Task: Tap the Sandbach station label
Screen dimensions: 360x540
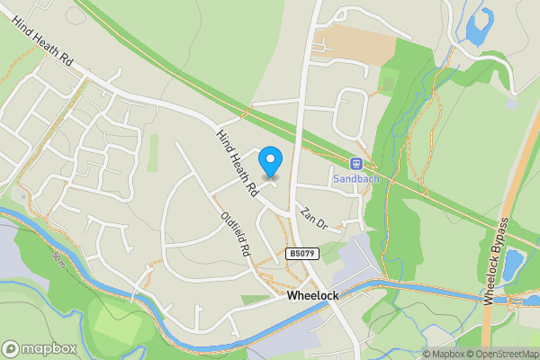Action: (355, 178)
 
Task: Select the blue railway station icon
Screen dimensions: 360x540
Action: (355, 164)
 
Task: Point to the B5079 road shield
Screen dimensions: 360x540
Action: (303, 256)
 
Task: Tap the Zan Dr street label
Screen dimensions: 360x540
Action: (313, 219)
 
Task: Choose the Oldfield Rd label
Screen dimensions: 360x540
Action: (234, 236)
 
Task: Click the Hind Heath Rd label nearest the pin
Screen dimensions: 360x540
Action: (237, 163)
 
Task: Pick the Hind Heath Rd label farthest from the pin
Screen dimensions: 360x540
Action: (42, 42)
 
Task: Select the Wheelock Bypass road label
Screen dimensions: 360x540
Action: (497, 260)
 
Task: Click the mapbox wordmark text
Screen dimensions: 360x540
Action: (46, 348)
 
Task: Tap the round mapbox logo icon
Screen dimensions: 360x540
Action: (12, 348)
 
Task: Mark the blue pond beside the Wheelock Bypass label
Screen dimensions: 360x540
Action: (513, 264)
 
